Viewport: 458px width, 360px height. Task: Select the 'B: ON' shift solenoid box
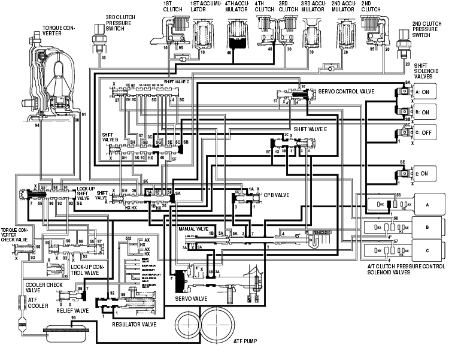(x=427, y=113)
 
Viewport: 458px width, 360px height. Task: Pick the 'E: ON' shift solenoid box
(x=427, y=174)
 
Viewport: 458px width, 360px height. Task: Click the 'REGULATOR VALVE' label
(x=134, y=324)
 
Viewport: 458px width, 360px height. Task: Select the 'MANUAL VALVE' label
(x=193, y=229)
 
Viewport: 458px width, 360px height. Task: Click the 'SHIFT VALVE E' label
(x=311, y=129)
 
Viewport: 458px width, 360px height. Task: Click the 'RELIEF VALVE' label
(x=72, y=311)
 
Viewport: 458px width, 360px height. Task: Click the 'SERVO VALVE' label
(x=190, y=298)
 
